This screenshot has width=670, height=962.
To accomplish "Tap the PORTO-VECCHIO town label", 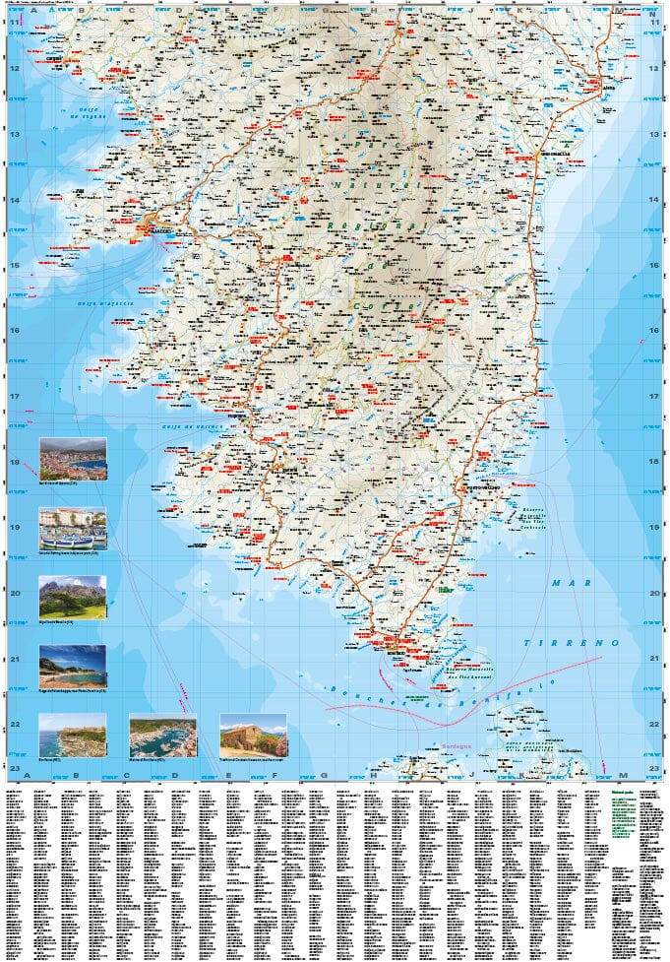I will pos(484,486).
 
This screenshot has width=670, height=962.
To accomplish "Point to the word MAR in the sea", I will pos(569,584).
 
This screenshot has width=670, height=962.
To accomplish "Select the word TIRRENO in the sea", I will pos(586,642).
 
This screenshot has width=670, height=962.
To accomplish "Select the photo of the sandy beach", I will pos(73,667).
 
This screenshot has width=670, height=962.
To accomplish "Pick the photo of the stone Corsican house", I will pos(253,735).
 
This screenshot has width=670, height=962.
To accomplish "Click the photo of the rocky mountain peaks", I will pos(73,598).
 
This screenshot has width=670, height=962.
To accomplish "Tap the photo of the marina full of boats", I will pos(162,735).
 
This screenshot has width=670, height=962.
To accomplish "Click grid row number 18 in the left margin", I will pos(15,462).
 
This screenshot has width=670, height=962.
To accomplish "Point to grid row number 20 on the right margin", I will pos(655,593).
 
